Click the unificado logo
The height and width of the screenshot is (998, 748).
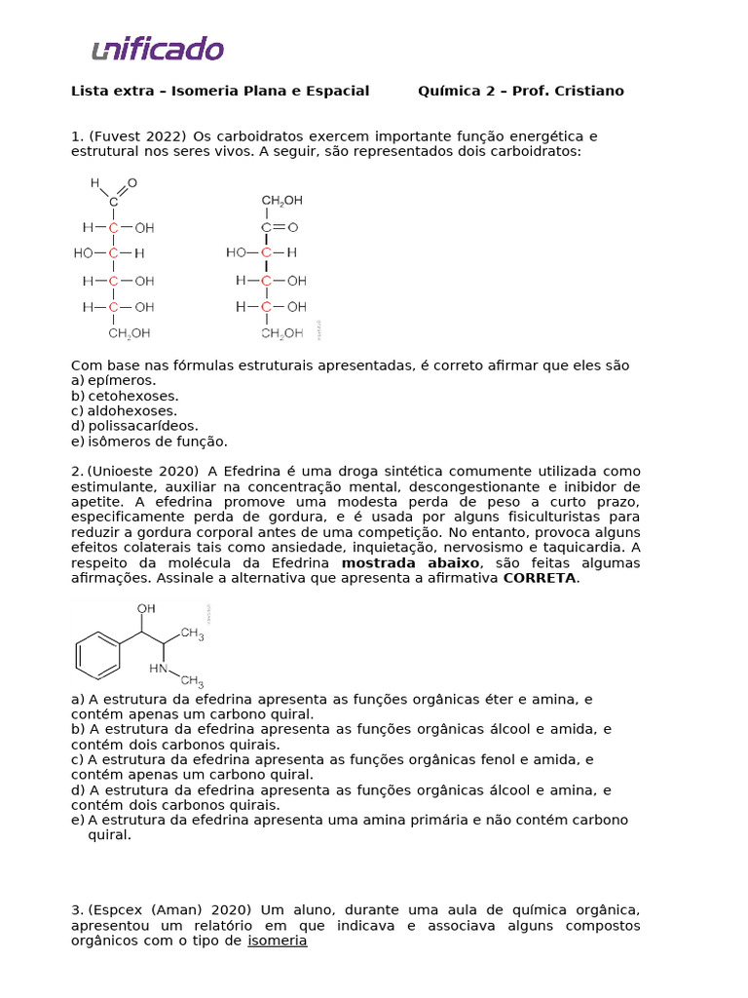tap(158, 49)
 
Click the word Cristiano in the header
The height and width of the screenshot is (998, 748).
tap(587, 91)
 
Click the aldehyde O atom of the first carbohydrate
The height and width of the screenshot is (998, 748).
tap(132, 182)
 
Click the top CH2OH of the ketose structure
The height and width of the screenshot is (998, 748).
tap(281, 201)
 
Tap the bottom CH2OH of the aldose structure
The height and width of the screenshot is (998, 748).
tap(130, 333)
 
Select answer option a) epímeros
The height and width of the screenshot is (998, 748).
tap(113, 380)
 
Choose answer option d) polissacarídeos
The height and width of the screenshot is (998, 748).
tap(134, 426)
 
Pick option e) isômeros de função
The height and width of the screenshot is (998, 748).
tap(149, 441)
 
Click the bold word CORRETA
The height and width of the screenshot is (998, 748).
tap(540, 578)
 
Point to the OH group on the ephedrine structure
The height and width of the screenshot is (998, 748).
tap(146, 609)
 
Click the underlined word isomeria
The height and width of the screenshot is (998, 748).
tap(278, 940)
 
